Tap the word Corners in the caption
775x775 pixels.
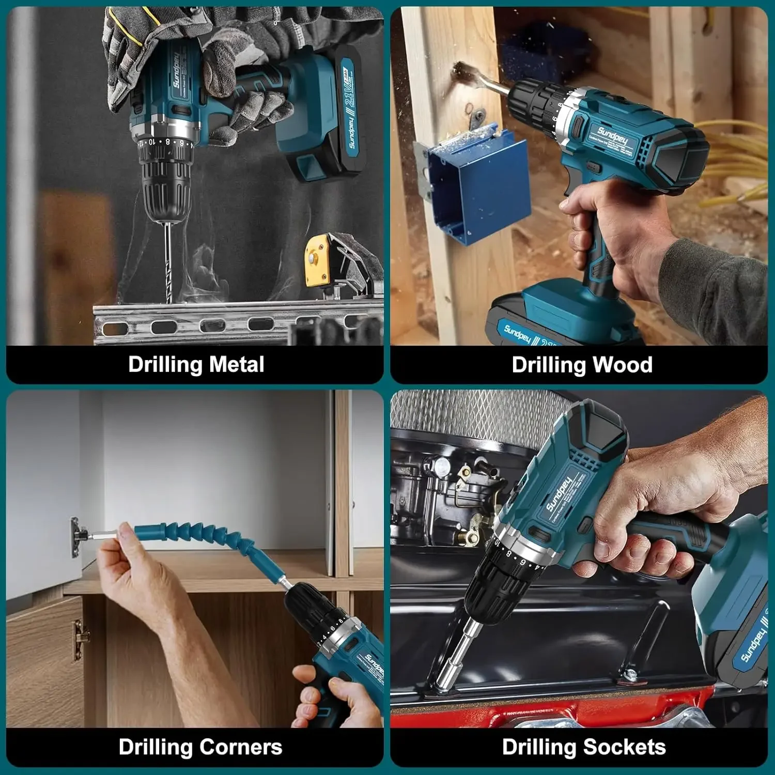click(241, 747)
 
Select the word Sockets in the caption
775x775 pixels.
click(625, 747)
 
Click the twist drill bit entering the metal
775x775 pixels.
click(168, 263)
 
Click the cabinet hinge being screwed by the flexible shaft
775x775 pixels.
click(78, 537)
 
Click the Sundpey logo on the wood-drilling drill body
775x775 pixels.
click(613, 135)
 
